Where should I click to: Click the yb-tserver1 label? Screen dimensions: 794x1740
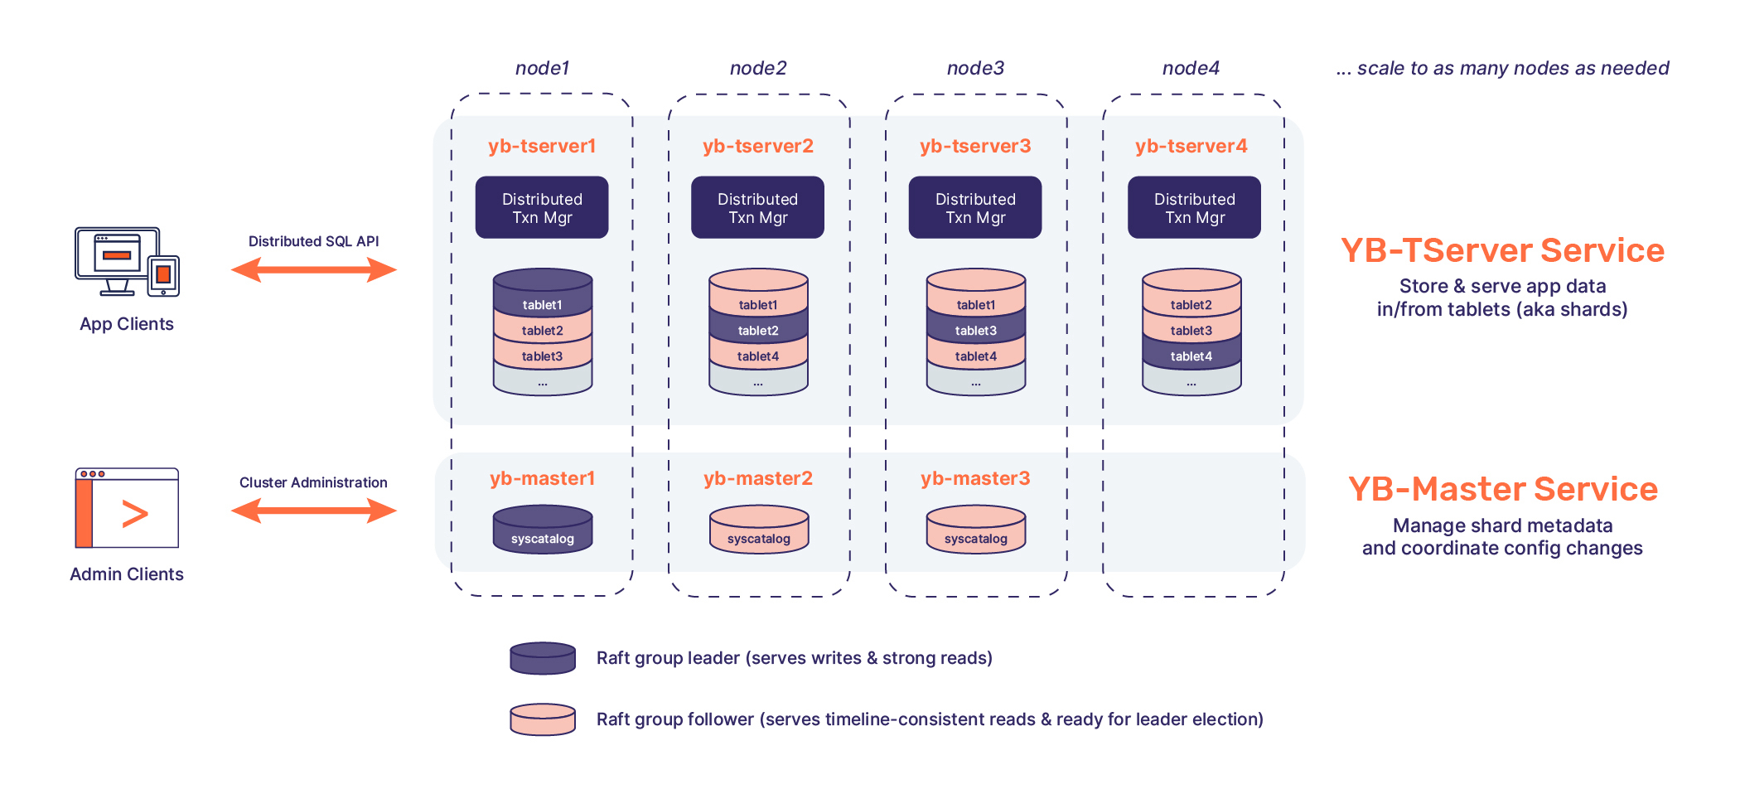pyautogui.click(x=542, y=146)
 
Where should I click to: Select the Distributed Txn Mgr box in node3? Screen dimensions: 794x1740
pyautogui.click(x=975, y=207)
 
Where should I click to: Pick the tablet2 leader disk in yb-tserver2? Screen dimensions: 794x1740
pyautogui.click(x=758, y=329)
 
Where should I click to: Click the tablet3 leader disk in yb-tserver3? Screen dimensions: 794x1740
pyautogui.click(x=975, y=329)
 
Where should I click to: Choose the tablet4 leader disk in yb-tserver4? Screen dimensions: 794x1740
pyautogui.click(x=1191, y=355)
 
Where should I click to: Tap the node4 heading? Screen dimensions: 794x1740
pyautogui.click(x=1191, y=68)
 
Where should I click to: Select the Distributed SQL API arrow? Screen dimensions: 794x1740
pyautogui.click(x=313, y=269)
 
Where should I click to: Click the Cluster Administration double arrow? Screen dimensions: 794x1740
pyautogui.click(x=313, y=511)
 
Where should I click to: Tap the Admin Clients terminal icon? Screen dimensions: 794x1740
pyautogui.click(x=127, y=508)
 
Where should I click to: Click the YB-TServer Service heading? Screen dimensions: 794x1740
pyautogui.click(x=1502, y=250)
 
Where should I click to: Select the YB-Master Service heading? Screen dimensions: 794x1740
pyautogui.click(x=1502, y=489)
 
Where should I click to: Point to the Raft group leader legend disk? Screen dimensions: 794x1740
pyautogui.click(x=543, y=659)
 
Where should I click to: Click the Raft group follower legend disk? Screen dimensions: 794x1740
pyautogui.click(x=543, y=719)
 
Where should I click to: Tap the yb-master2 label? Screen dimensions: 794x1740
pyautogui.click(x=758, y=478)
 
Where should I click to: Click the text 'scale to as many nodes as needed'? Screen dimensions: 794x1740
pyautogui.click(x=1512, y=68)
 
